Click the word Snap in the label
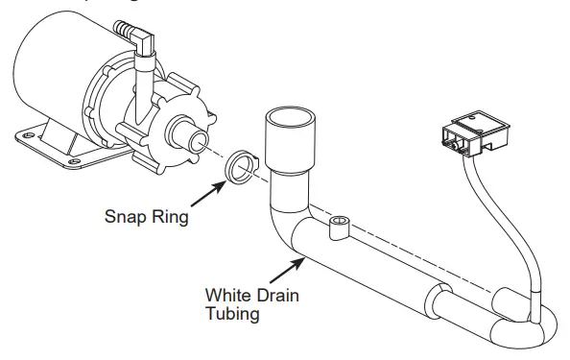point(124,216)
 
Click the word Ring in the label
point(168,216)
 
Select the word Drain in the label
point(277,296)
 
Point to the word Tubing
point(233,314)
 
